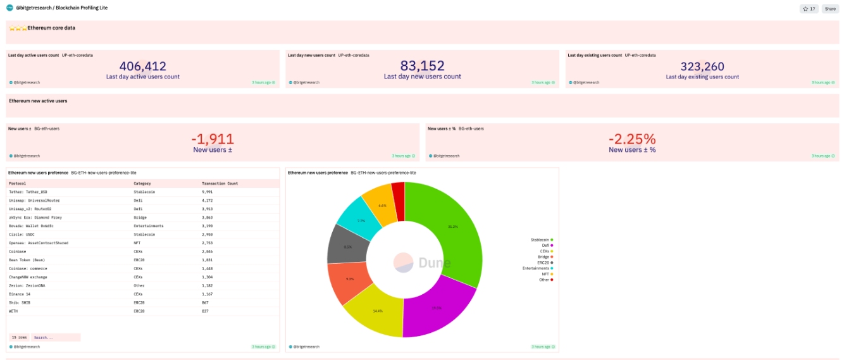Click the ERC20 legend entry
click(x=543, y=263)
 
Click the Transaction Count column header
click(x=220, y=183)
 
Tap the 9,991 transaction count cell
click(x=208, y=192)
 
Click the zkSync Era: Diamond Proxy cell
click(x=35, y=217)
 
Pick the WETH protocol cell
click(x=13, y=311)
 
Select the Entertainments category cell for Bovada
click(x=149, y=226)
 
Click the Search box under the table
click(x=56, y=338)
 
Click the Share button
click(x=829, y=9)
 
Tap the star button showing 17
click(x=809, y=9)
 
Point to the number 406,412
click(x=142, y=66)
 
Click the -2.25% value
click(x=632, y=139)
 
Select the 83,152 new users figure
click(x=422, y=66)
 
